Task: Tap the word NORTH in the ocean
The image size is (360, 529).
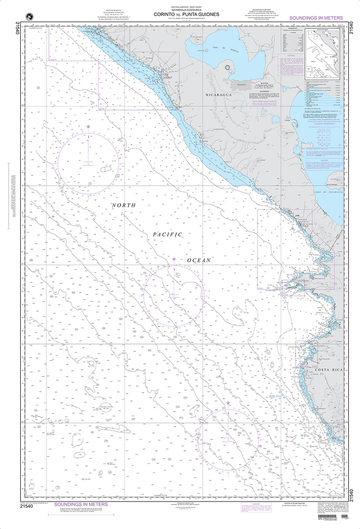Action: pos(124,205)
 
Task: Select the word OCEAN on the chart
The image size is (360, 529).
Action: pos(200,259)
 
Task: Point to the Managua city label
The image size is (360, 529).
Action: pos(239,84)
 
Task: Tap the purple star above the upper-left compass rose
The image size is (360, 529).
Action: pos(88,127)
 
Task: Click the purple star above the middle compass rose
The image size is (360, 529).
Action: pos(174,258)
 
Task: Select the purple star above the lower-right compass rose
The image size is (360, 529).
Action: pos(228,402)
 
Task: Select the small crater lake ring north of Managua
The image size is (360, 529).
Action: pos(228,66)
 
